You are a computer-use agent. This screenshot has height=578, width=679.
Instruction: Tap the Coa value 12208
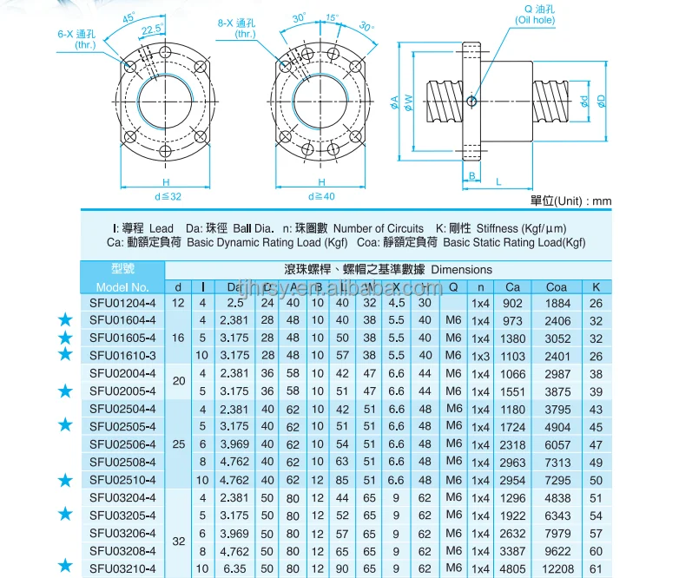pos(557,569)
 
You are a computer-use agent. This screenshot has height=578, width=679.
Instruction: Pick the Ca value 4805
pos(513,569)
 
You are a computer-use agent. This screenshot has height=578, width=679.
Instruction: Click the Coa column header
pos(557,286)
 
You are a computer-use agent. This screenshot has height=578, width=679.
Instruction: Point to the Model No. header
pos(122,286)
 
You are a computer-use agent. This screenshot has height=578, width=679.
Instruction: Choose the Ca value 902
pos(513,303)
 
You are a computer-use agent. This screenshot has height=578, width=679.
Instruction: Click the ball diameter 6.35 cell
pos(235,569)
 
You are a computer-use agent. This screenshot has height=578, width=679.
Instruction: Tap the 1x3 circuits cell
pos(480,356)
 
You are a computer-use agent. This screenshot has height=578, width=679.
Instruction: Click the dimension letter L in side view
pos(499,181)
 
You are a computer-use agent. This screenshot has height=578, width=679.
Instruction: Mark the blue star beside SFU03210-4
pos(64,567)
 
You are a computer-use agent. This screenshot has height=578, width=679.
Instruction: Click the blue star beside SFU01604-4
pos(64,320)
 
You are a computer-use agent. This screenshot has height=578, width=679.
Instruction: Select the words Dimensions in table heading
pos(461,269)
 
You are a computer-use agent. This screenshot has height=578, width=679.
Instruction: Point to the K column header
pos(596,286)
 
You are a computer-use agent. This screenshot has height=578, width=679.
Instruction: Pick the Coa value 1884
pos(557,303)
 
